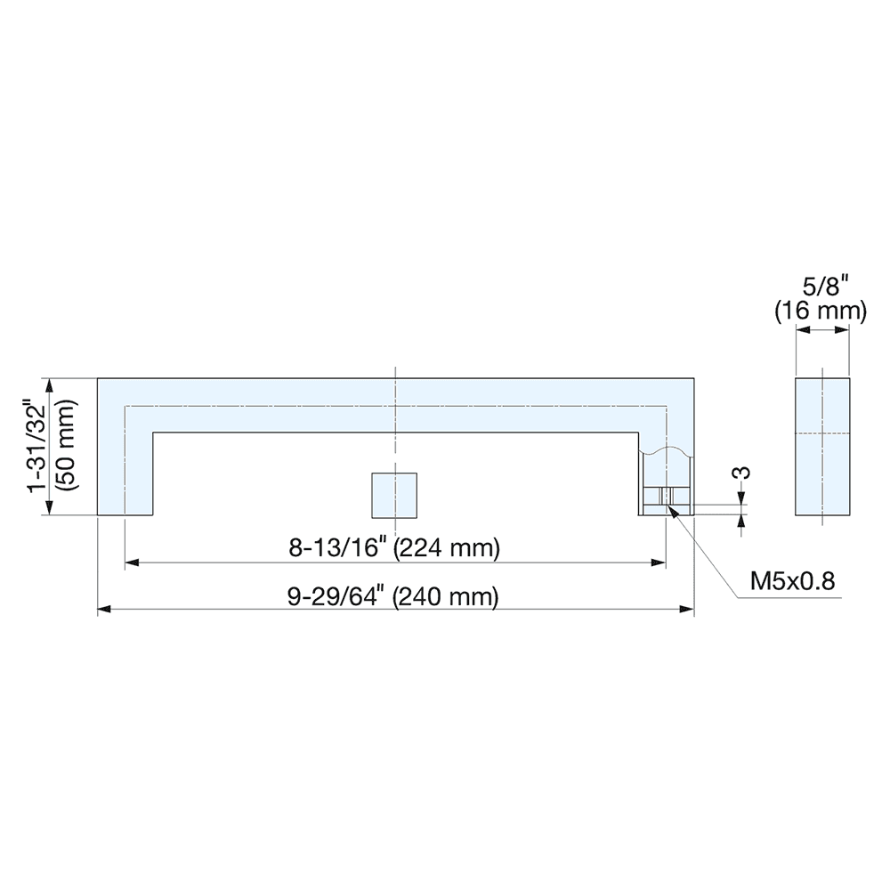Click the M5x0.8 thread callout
(793, 581)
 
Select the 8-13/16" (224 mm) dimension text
(394, 548)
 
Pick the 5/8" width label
(820, 287)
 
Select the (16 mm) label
(820, 311)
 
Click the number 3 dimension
(744, 472)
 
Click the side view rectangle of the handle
(822, 447)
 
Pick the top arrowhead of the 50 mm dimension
(50, 385)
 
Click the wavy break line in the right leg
(666, 452)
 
